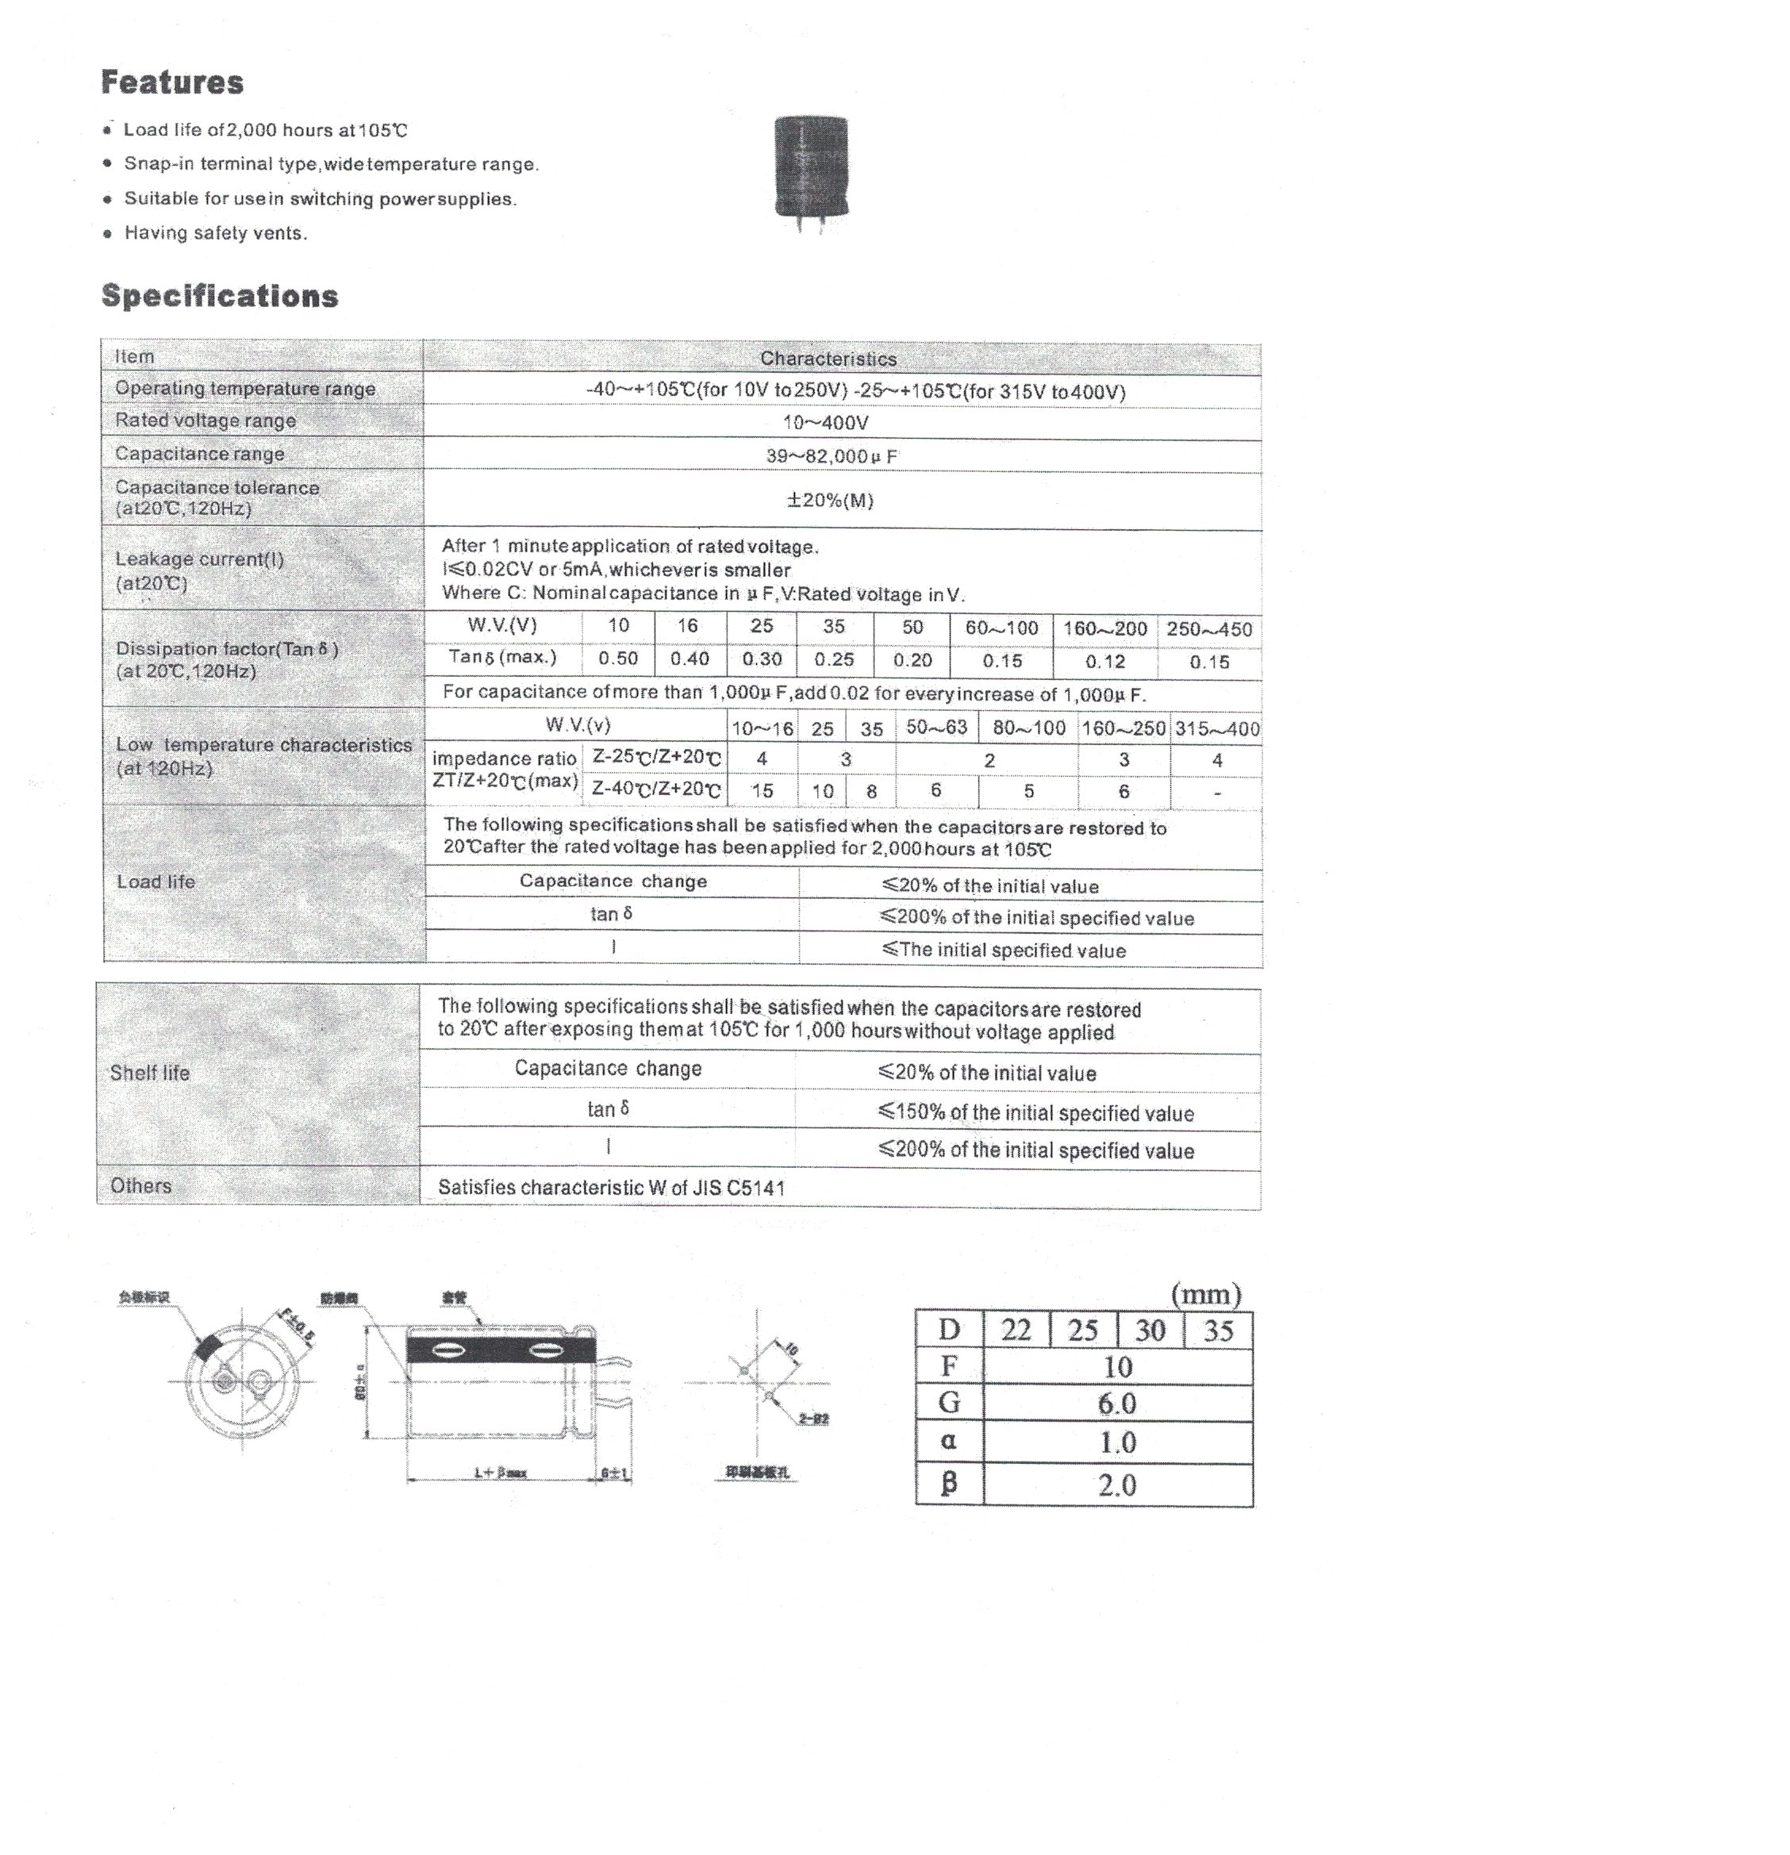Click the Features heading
tap(171, 83)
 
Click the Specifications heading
tap(219, 296)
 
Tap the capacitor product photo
tap(810, 171)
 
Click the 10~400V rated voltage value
tap(825, 423)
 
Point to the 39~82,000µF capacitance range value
tap(831, 456)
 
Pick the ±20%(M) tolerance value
tap(830, 500)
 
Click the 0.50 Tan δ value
tap(617, 659)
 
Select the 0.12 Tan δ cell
tap(1104, 662)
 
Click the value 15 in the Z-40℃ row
tap(762, 791)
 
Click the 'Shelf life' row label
tap(149, 1073)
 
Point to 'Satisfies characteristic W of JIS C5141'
tap(612, 1188)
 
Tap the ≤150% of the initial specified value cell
tap(1035, 1114)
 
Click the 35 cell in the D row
tap(1217, 1331)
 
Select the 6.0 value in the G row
tap(1117, 1404)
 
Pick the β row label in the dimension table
tap(948, 1483)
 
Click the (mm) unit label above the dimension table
tap(1205, 1295)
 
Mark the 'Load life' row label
tap(156, 882)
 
